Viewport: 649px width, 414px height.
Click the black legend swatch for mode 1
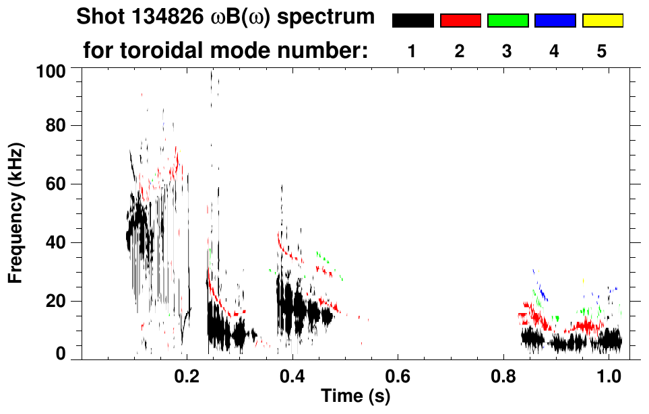click(x=412, y=21)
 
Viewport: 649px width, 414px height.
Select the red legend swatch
click(x=460, y=21)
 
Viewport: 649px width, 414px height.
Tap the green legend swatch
click(x=507, y=21)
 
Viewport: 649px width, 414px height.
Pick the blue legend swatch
click(x=555, y=21)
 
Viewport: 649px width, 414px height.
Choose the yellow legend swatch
click(x=602, y=21)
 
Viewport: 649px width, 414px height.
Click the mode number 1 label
click(x=412, y=52)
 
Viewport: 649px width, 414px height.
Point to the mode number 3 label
click(x=507, y=52)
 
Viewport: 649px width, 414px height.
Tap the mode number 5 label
click(x=602, y=52)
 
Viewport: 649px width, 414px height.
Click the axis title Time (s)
click(x=355, y=397)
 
